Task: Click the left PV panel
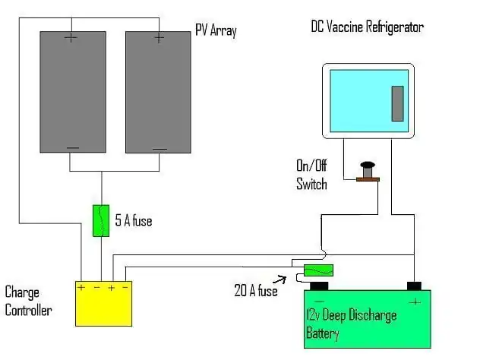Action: (73, 91)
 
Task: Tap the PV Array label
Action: (216, 31)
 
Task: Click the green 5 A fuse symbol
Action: (100, 220)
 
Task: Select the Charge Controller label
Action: (28, 301)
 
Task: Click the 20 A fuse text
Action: (256, 291)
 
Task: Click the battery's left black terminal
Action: (318, 286)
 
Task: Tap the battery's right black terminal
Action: (414, 286)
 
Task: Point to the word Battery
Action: (323, 333)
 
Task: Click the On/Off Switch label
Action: (311, 174)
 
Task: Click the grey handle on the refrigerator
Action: (397, 104)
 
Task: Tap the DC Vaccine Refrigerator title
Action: (367, 27)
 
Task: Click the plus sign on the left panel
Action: (71, 37)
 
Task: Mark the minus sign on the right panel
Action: (159, 147)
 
